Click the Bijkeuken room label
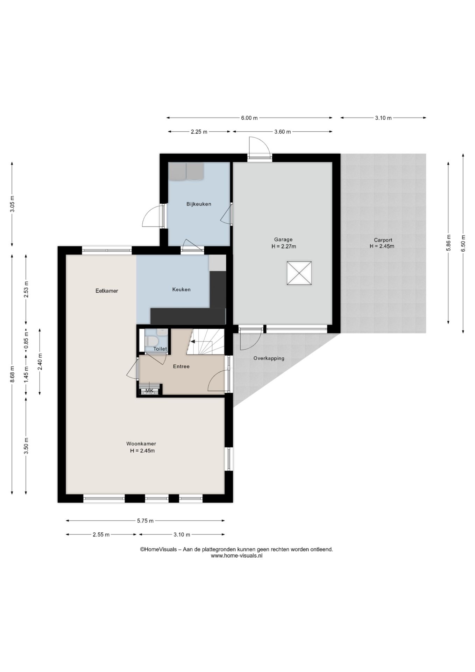[x=199, y=204]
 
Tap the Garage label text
[x=283, y=240]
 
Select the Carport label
[x=383, y=240]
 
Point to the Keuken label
[x=181, y=289]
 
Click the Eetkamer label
[x=107, y=291]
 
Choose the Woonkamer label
[x=141, y=444]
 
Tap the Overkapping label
[x=269, y=358]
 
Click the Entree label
[x=181, y=366]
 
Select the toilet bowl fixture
[x=152, y=341]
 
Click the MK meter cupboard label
[x=149, y=391]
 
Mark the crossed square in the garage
[x=299, y=273]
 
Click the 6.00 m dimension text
[x=249, y=118]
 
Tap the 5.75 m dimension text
[x=145, y=521]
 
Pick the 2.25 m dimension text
[x=199, y=132]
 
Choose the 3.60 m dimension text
[x=283, y=132]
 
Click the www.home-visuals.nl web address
[x=236, y=555]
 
